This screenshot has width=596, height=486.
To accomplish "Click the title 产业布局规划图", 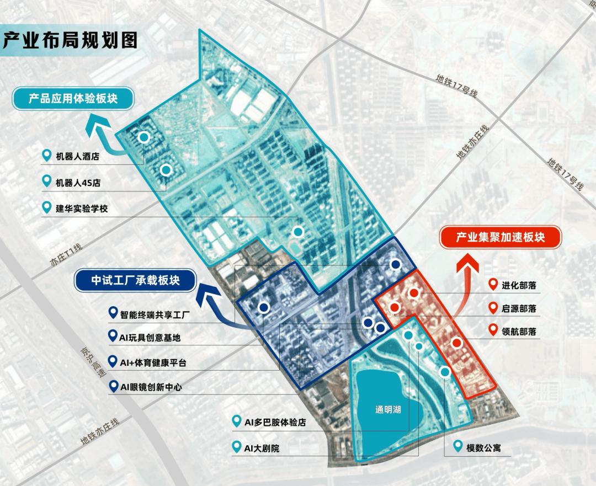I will (71, 40).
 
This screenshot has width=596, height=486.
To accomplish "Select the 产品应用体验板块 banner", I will (73, 99).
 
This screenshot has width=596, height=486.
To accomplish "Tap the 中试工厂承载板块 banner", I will (135, 280).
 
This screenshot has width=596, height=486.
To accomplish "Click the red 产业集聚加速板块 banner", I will (500, 238).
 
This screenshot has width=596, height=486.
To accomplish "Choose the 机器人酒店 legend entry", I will (77, 157).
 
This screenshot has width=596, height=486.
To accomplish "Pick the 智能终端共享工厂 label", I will (155, 315).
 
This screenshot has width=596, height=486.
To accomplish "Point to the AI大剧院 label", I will (262, 448).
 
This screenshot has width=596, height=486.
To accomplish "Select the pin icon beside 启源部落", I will (493, 308).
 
